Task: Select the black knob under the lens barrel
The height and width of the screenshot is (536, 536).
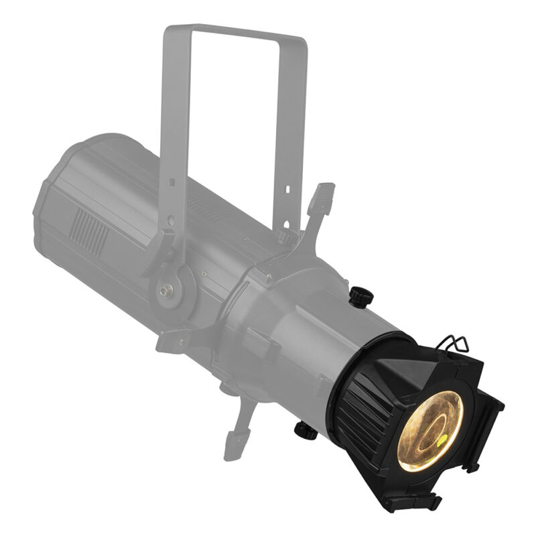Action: point(306,430)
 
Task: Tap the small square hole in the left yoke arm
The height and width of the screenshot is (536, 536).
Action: point(172,182)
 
